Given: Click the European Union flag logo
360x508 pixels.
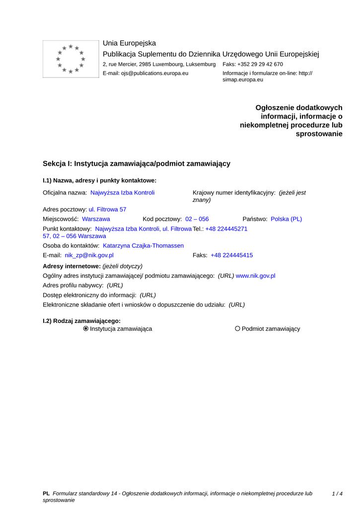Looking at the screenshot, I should (71, 59).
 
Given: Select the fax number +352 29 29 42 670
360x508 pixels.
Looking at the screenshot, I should (260, 64).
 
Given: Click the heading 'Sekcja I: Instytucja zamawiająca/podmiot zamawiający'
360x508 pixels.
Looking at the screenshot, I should (137, 164).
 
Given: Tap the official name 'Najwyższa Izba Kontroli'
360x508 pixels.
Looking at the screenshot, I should (122, 192).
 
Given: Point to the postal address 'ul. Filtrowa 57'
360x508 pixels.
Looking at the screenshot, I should (107, 210).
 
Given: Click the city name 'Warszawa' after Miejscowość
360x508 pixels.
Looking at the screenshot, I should (96, 219).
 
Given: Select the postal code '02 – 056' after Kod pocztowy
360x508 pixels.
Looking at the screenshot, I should (197, 219).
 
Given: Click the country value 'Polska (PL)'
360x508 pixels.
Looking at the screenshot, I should (286, 219).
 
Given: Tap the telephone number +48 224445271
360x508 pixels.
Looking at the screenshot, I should (226, 229).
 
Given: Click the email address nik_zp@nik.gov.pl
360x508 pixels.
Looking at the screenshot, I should (89, 255).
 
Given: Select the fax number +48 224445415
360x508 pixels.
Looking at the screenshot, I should (231, 255).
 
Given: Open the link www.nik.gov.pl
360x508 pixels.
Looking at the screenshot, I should (255, 275).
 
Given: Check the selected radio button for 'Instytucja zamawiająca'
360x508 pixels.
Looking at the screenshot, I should (86, 328).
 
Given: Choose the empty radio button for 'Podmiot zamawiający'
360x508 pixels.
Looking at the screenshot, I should (237, 328).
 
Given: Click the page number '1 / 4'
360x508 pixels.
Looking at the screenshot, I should (337, 494).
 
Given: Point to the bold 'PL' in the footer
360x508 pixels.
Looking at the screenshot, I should (46, 494).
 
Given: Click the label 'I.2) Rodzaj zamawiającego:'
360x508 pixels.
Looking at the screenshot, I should (81, 320).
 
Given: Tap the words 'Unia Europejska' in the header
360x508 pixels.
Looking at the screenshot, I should (129, 43).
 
